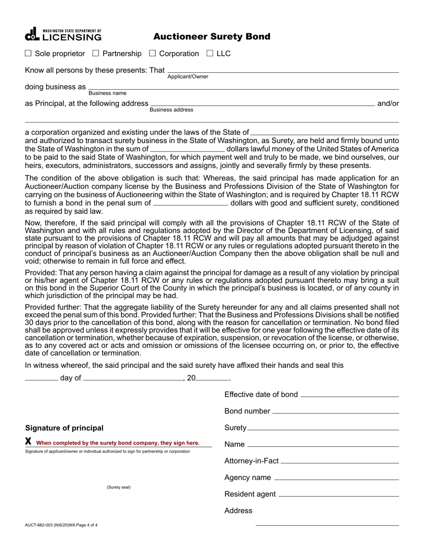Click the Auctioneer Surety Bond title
(212, 37)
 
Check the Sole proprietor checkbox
(28, 53)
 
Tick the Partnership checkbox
(96, 53)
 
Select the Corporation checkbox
(152, 53)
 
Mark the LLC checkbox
(210, 53)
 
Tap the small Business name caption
(107, 93)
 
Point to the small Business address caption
(171, 110)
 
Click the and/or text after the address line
(388, 103)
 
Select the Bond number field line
(335, 412)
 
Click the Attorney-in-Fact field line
(340, 462)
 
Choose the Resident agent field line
(338, 495)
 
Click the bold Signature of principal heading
(64, 428)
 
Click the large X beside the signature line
(29, 441)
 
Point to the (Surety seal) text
(119, 487)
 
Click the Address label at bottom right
(238, 511)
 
